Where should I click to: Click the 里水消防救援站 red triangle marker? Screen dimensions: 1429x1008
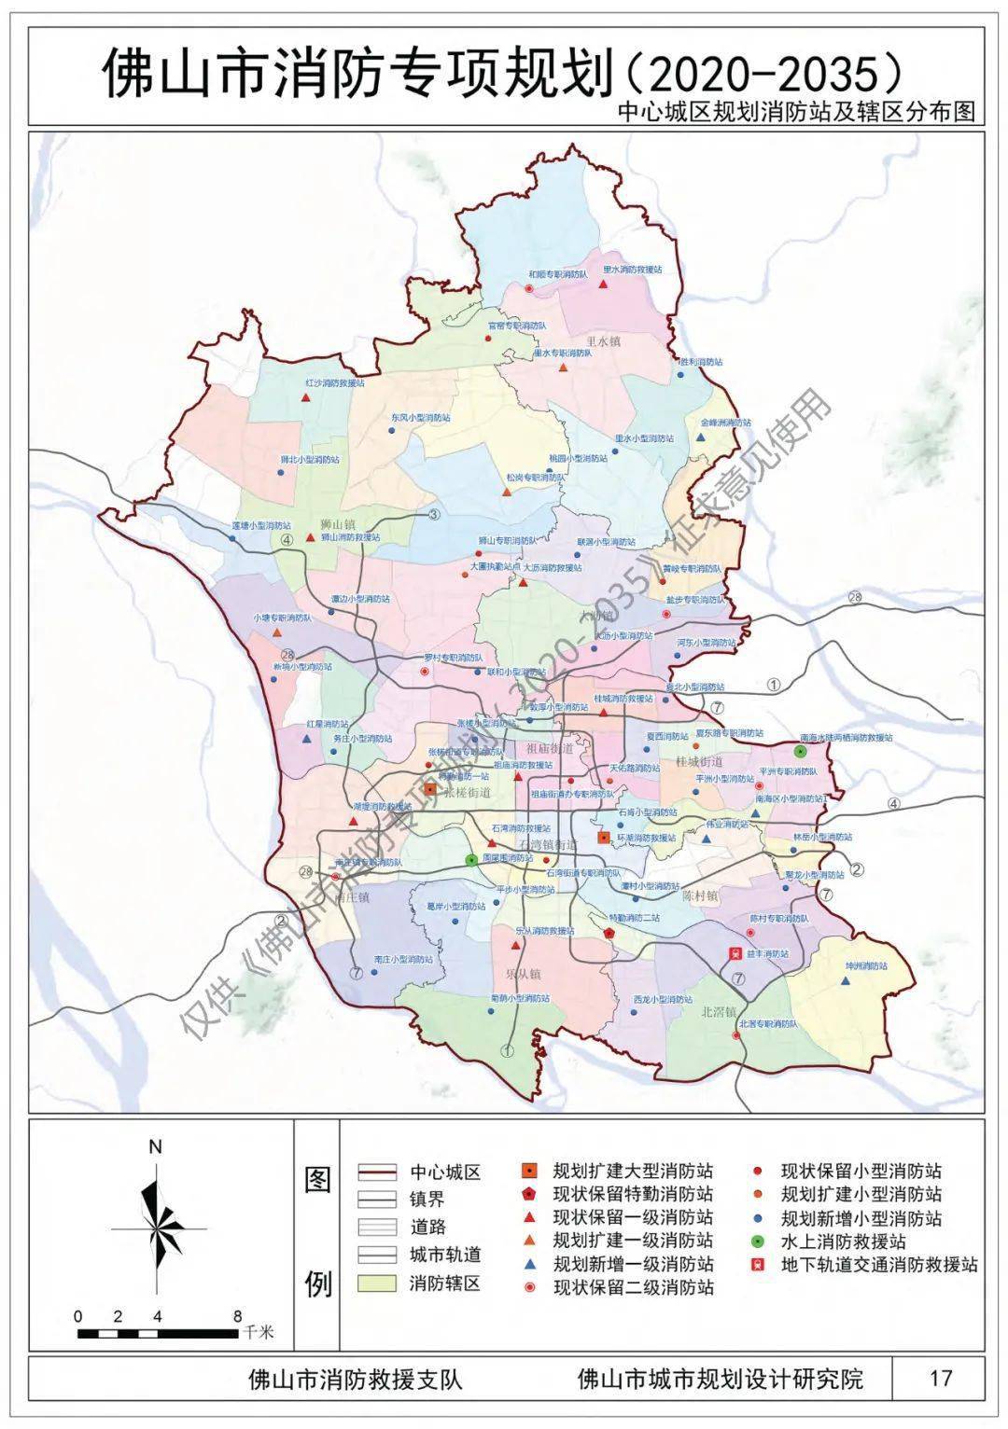[x=605, y=283]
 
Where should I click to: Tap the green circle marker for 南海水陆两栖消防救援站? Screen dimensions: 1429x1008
[x=800, y=751]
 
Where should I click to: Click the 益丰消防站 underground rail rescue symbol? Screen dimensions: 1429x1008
[x=735, y=954]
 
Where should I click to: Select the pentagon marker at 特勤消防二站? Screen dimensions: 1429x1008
[x=609, y=933]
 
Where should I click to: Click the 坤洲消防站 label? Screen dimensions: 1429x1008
[x=866, y=965]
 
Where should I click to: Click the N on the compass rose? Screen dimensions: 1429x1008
[x=156, y=1146]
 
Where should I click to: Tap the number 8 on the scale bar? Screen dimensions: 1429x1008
[x=238, y=1316]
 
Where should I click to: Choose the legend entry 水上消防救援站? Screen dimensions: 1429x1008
[x=843, y=1242]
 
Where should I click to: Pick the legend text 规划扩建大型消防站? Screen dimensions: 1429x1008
[x=633, y=1171]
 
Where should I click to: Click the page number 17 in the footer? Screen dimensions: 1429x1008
[x=941, y=1378]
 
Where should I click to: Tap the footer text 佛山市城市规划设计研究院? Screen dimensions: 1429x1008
[x=721, y=1378]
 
